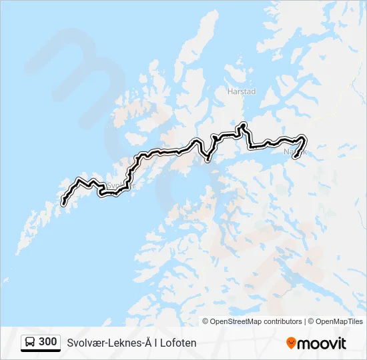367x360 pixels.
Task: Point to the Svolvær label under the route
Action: [x=121, y=186]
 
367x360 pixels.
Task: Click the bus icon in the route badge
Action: [x=30, y=342]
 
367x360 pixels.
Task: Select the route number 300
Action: [x=47, y=342]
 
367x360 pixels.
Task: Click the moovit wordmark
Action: [x=322, y=343]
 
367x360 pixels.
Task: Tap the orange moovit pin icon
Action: [x=291, y=343]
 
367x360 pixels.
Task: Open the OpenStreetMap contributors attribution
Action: [x=256, y=321]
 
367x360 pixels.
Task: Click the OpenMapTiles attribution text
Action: [x=340, y=321]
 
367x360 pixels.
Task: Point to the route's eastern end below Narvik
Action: [x=295, y=157]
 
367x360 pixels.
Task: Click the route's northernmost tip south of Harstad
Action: [x=244, y=125]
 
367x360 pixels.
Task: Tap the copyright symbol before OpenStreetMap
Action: [x=206, y=321]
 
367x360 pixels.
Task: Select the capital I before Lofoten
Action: [x=155, y=343]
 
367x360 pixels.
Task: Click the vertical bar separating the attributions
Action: [x=306, y=321]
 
